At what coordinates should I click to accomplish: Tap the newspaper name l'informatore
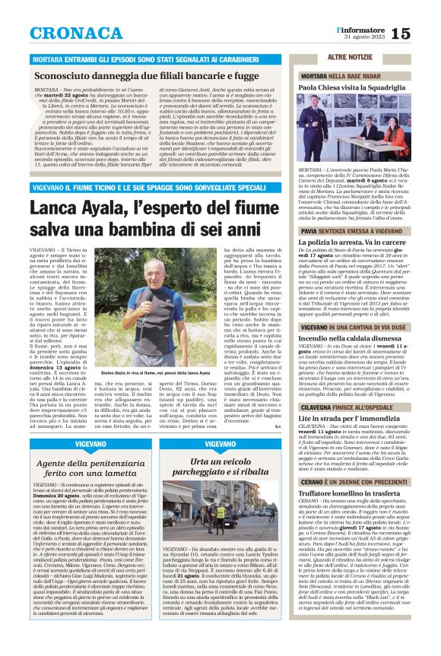(357, 29)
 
